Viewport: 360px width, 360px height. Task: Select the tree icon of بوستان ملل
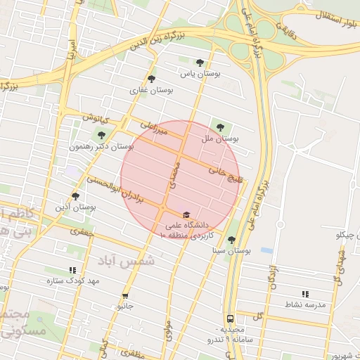[x=221, y=127]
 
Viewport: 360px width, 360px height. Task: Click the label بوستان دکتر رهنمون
[x=102, y=147]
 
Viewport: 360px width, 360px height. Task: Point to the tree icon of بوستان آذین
[x=75, y=196]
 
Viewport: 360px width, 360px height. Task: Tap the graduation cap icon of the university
[x=186, y=214]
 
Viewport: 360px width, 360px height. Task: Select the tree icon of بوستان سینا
[x=231, y=240]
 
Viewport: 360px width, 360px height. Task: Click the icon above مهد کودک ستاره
[x=72, y=270]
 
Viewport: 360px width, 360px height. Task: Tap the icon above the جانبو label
[x=125, y=296]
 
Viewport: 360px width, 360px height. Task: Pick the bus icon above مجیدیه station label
[x=230, y=318]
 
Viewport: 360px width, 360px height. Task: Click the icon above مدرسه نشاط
[x=305, y=294]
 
